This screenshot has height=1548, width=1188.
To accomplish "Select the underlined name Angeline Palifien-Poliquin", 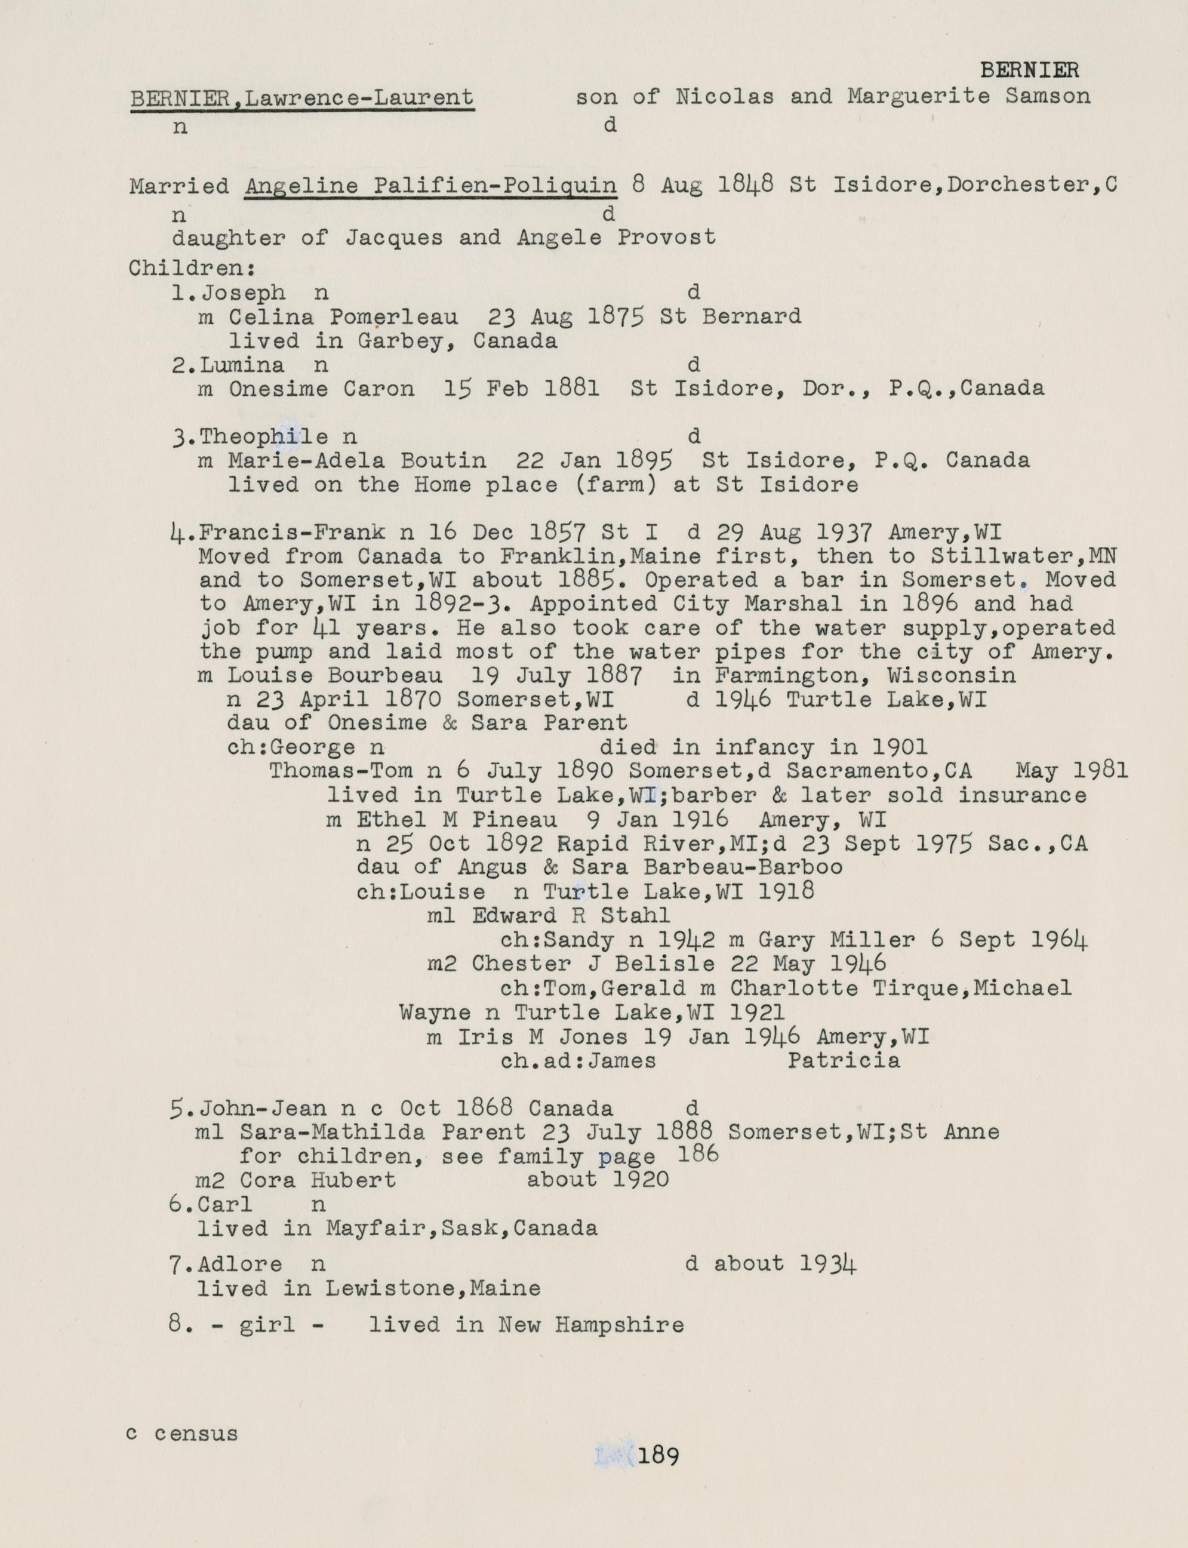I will click(x=430, y=186).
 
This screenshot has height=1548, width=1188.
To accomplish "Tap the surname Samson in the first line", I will click(x=1047, y=96).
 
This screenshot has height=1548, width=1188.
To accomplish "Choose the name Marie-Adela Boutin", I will click(x=357, y=460).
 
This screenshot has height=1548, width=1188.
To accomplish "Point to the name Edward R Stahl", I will click(x=571, y=916).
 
